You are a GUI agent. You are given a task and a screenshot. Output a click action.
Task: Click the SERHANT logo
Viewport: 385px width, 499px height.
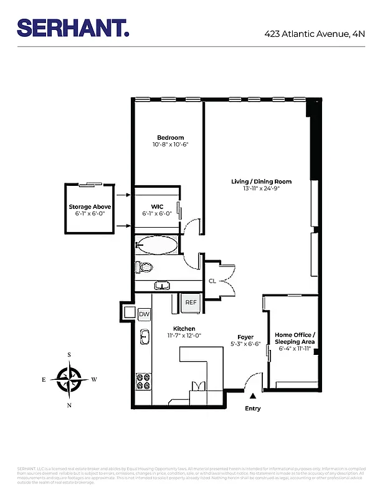tap(73, 28)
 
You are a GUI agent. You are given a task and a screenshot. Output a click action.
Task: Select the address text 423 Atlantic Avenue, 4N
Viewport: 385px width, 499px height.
tap(314, 34)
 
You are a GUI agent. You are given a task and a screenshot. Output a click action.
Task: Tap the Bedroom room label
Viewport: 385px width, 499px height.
tap(170, 137)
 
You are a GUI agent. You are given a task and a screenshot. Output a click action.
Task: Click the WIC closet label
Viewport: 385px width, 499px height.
tap(156, 206)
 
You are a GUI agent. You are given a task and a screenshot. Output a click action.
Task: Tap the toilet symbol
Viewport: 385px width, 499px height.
tap(145, 268)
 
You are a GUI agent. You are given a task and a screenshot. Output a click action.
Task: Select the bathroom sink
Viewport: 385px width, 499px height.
tap(161, 286)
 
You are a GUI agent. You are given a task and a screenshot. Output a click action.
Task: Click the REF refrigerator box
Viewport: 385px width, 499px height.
tap(191, 302)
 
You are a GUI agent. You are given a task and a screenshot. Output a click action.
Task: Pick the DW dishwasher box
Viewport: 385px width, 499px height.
tap(144, 314)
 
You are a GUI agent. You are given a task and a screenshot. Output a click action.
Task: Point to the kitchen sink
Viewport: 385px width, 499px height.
tap(144, 337)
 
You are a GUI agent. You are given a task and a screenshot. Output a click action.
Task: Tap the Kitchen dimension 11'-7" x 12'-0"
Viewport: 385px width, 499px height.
tap(184, 336)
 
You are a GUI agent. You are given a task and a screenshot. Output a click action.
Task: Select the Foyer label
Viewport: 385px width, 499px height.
tap(246, 337)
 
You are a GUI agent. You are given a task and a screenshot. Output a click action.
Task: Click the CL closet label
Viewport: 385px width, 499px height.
tap(212, 281)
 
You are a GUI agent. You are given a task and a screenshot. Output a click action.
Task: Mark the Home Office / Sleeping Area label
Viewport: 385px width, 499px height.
tap(295, 338)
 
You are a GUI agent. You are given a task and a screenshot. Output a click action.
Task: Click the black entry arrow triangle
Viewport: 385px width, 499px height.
tap(252, 395)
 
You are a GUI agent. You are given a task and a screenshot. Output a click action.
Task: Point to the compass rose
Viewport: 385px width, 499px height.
tap(69, 379)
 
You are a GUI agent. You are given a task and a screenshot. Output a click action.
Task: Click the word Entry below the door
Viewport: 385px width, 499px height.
tap(252, 409)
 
